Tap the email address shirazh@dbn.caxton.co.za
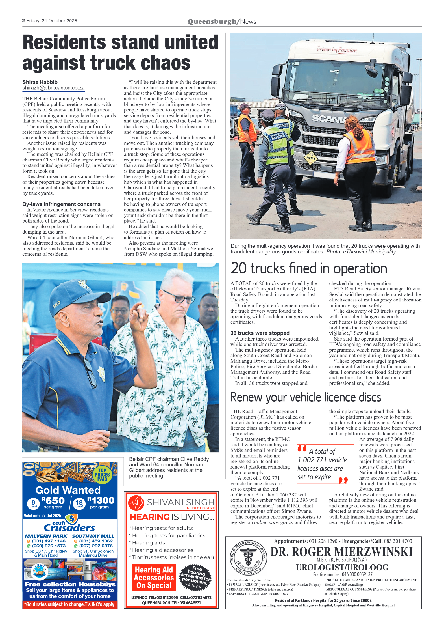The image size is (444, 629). point(53,88)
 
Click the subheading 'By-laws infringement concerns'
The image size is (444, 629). point(61,204)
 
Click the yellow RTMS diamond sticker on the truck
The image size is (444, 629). point(311,158)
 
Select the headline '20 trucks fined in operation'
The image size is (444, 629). point(308,268)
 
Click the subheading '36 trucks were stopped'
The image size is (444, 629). point(260,333)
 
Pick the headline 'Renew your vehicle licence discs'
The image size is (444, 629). point(305,397)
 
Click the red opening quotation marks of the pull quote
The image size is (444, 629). point(302,449)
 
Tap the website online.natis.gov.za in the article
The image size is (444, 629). point(274,522)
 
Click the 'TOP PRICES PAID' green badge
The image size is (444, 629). point(102,475)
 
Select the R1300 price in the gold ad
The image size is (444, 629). point(101,500)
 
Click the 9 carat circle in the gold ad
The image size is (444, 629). point(33,503)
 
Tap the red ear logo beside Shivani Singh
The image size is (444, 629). point(136,503)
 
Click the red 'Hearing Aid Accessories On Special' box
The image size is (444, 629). point(154,577)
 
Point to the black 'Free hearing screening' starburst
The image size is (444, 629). point(195,577)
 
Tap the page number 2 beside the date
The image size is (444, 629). point(23,21)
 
